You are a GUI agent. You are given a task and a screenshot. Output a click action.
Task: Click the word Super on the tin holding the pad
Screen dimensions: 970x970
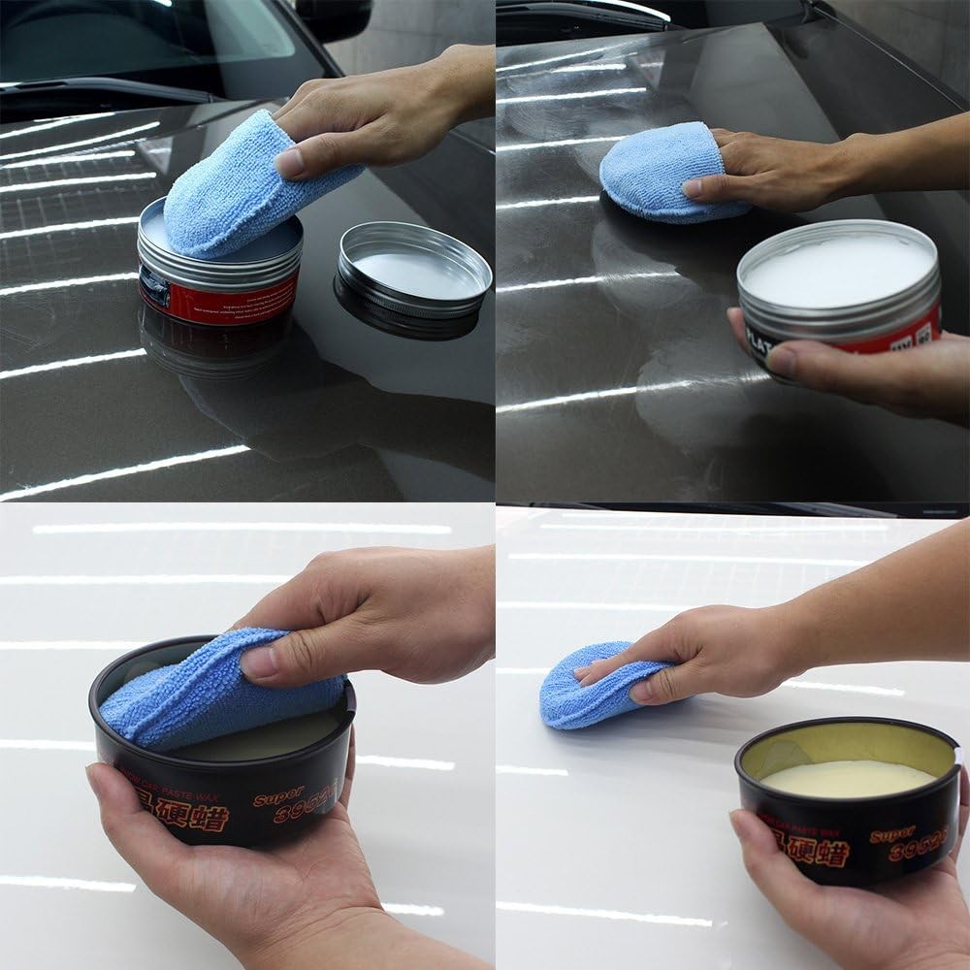point(279,796)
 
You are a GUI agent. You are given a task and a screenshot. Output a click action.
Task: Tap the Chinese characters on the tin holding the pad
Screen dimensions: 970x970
point(194,813)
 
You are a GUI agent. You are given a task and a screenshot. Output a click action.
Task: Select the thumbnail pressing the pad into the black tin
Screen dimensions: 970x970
point(258,663)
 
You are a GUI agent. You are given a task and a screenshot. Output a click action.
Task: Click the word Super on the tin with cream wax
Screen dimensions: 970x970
point(893,833)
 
